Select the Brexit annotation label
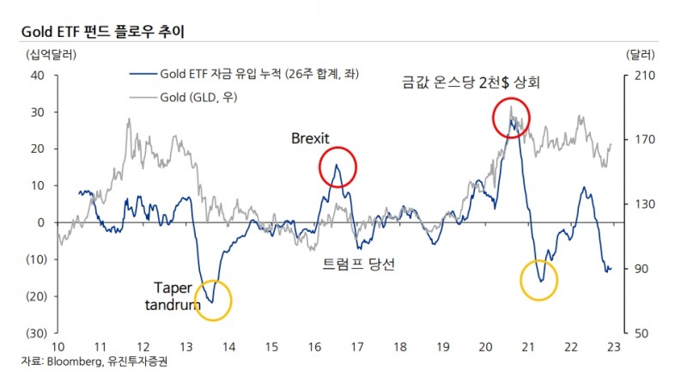(x=311, y=138)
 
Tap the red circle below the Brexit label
(x=336, y=169)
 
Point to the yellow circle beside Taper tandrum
(x=213, y=301)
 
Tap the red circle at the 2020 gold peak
(x=511, y=119)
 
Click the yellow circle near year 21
(x=539, y=280)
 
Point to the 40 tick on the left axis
(x=38, y=76)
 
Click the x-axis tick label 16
(x=313, y=346)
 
